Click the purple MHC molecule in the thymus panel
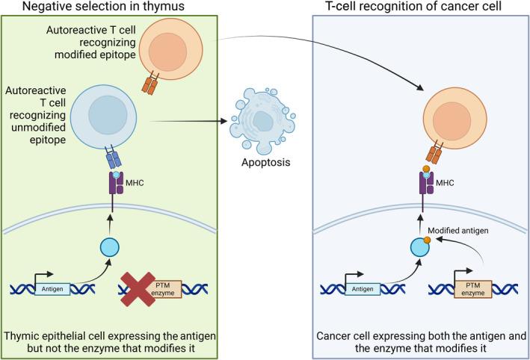pos(115,181)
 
